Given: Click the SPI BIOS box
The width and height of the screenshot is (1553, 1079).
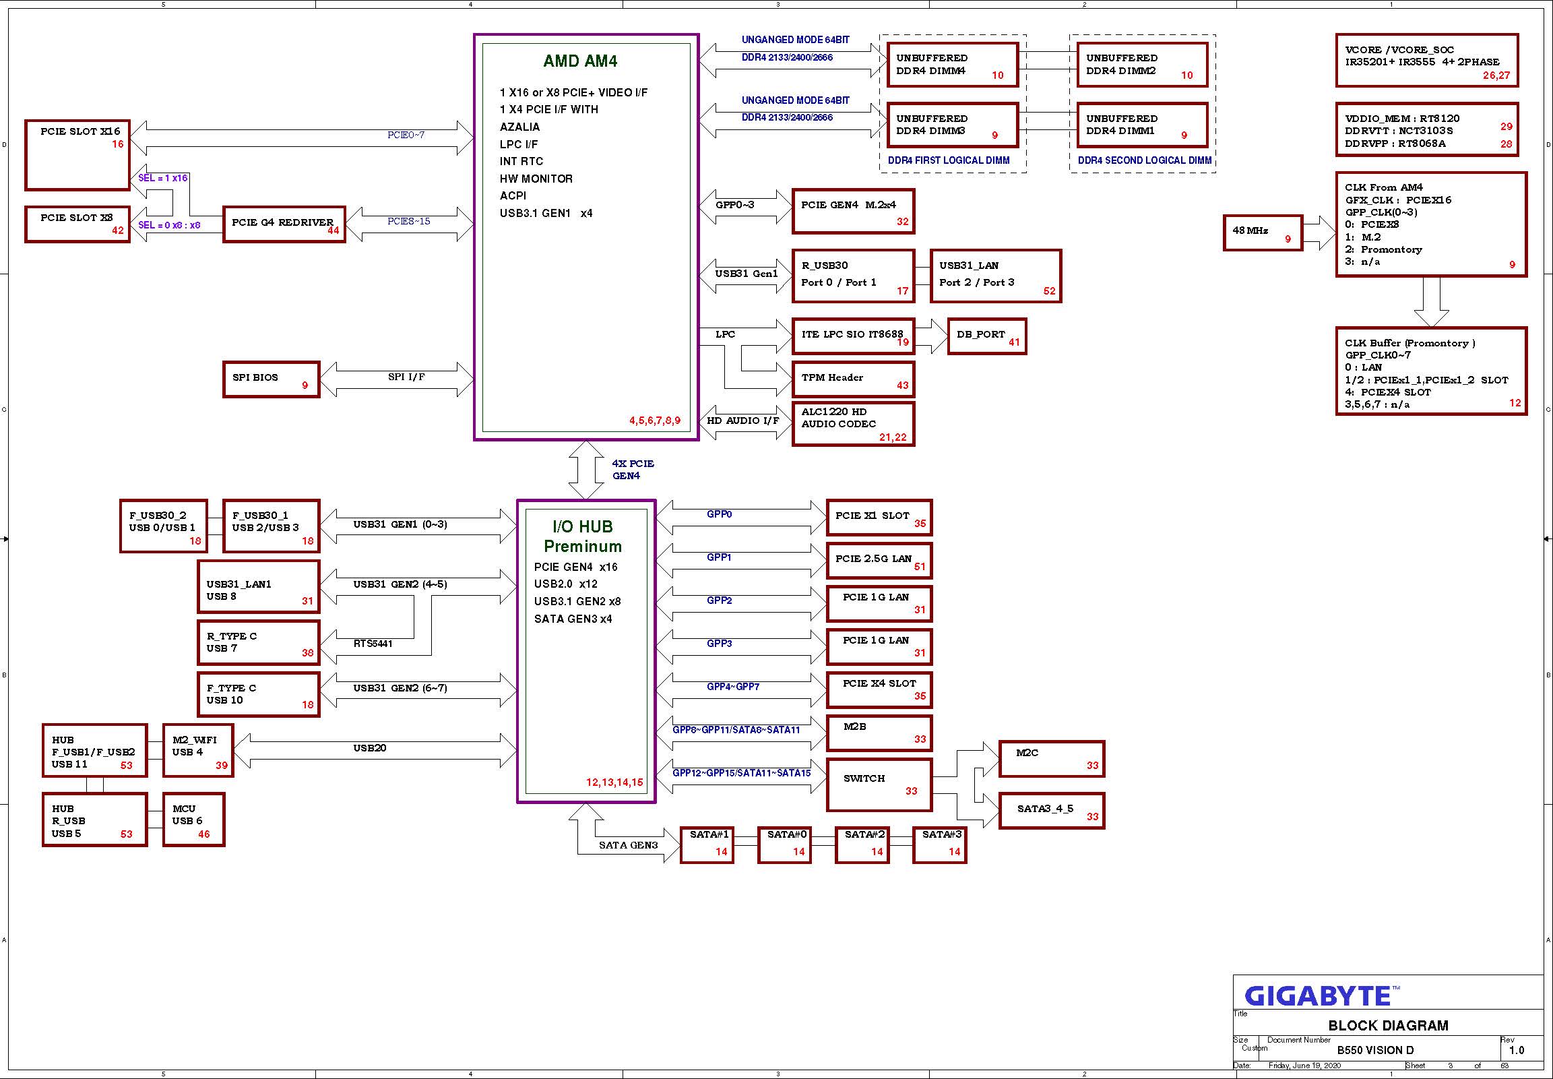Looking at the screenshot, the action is coord(271,379).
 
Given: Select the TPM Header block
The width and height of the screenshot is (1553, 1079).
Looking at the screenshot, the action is coord(853,379).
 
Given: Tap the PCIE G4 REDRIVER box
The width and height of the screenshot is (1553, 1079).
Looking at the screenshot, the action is coord(284,224).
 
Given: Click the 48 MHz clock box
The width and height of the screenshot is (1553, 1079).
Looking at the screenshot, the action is coord(1263,233).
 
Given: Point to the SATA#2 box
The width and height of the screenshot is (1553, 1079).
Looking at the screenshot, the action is coord(862,845).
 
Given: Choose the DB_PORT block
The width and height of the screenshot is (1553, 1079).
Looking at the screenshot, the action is coord(986,336).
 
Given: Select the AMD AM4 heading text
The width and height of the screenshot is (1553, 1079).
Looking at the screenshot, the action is coord(580,61).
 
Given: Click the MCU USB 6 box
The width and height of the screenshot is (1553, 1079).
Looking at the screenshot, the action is coord(193,820).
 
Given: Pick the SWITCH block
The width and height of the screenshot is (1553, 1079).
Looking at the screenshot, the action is coord(879,785).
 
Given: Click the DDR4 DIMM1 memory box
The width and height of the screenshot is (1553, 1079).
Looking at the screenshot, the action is coord(1142,125).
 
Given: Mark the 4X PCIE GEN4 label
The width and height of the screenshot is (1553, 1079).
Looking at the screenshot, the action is coord(633,470).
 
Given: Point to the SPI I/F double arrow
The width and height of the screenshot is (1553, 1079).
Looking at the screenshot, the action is coord(397,379).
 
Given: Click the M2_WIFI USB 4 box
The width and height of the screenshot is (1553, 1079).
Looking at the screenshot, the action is coord(198,750).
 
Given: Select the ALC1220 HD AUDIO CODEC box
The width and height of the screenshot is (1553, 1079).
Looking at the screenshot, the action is coord(853,424).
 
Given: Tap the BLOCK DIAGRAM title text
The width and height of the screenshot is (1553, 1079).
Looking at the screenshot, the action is coord(1388,1026).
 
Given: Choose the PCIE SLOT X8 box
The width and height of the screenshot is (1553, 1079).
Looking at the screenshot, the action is coord(77,224).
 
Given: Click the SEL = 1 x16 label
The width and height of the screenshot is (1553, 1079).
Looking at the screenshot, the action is coord(163,178).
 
